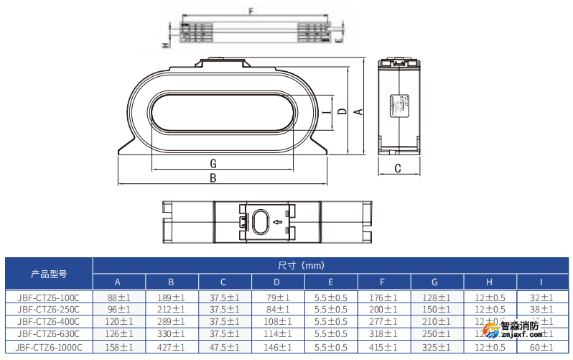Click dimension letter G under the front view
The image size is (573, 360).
[213, 162]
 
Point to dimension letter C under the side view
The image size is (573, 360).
[397, 169]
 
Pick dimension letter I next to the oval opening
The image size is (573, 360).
[327, 113]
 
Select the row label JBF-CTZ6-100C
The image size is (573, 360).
[49, 297]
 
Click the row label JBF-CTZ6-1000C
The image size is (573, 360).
[49, 346]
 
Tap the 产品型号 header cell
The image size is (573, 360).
[49, 274]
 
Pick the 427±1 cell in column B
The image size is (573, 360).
[171, 346]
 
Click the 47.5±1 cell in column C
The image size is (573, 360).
[224, 346]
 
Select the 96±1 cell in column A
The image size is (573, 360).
[118, 310]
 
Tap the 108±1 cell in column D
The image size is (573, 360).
[277, 322]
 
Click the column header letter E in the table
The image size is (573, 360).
[330, 282]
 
